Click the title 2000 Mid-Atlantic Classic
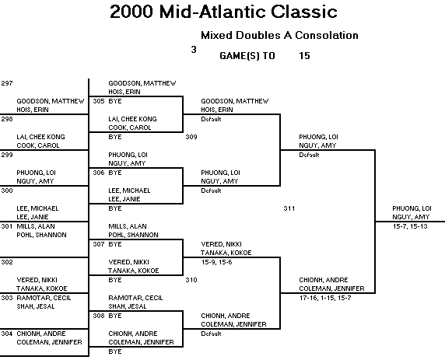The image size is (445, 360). pyautogui.click(x=223, y=12)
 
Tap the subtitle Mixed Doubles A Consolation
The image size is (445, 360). pyautogui.click(x=279, y=35)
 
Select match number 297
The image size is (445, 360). pyautogui.click(x=7, y=83)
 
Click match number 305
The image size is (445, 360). pyautogui.click(x=99, y=101)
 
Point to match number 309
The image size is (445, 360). pyautogui.click(x=191, y=137)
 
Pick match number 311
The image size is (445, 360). pyautogui.click(x=289, y=208)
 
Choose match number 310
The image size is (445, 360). pyautogui.click(x=191, y=280)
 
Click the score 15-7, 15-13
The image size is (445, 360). pyautogui.click(x=410, y=226)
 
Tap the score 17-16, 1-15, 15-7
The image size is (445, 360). pyautogui.click(x=325, y=298)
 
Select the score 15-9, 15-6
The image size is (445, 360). pyautogui.click(x=217, y=262)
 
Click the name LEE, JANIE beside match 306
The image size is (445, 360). pyautogui.click(x=124, y=199)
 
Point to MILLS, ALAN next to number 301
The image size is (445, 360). pyautogui.click(x=36, y=226)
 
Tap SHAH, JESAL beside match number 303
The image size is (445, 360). pyautogui.click(x=36, y=306)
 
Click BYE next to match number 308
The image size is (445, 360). pyautogui.click(x=115, y=316)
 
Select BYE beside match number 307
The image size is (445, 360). pyautogui.click(x=115, y=244)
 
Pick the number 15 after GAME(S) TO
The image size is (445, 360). pyautogui.click(x=304, y=56)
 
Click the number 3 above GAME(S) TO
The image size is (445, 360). pyautogui.click(x=194, y=50)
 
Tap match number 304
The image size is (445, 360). pyautogui.click(x=7, y=334)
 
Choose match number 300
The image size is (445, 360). pyautogui.click(x=7, y=190)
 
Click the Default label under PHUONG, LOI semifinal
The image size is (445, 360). pyautogui.click(x=309, y=155)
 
